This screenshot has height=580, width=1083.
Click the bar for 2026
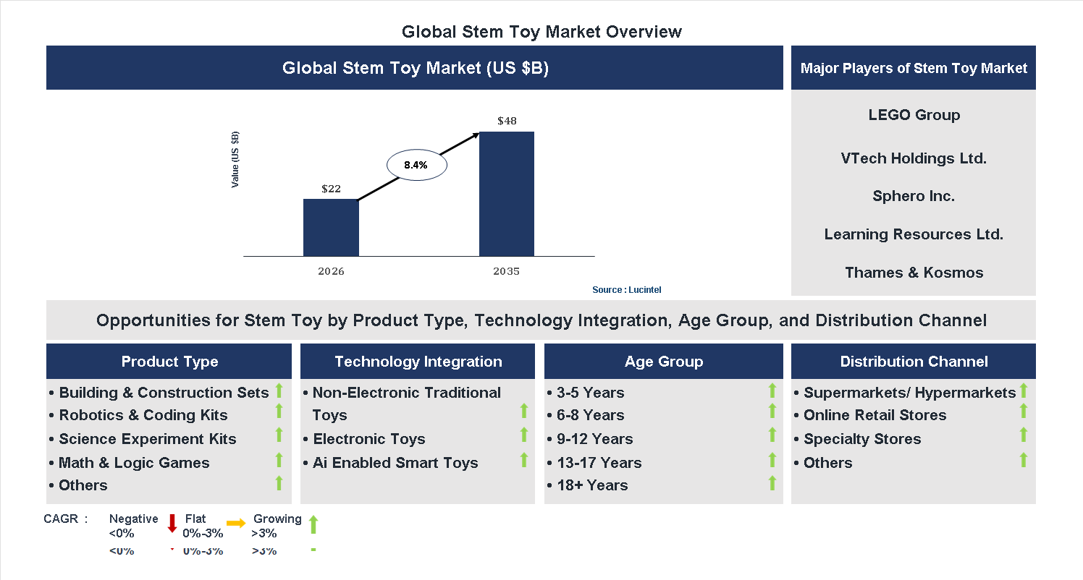coord(331,227)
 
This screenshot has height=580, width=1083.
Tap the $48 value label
coord(507,121)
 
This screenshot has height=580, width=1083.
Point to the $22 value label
coord(331,189)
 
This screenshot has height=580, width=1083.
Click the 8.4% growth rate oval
coord(416,165)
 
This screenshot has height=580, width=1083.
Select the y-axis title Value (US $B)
coord(235,160)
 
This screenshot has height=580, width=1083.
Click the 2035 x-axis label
coord(507,272)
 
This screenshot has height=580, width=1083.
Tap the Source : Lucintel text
coord(626,290)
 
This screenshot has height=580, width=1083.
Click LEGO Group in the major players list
coord(914,115)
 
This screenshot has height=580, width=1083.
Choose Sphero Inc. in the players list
coord(914,196)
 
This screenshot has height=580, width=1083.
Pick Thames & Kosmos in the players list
coord(914,273)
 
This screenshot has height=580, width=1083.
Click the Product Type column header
coord(169,362)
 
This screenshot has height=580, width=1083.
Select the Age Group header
coord(664,362)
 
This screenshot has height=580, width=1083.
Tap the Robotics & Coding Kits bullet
coord(143,415)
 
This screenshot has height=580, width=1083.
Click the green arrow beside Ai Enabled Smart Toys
coord(524,460)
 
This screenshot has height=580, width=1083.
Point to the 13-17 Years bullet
coord(599,463)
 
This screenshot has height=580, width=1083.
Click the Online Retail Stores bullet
coord(875,415)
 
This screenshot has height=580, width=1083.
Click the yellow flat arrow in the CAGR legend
coord(236,523)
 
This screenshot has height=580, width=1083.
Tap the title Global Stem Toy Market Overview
coord(541,32)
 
